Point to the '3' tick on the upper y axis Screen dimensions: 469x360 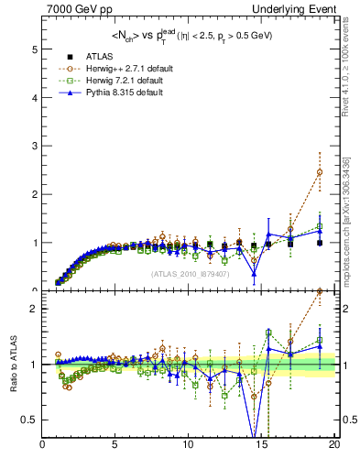pos(34,146)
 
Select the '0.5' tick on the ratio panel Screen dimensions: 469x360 pos(29,420)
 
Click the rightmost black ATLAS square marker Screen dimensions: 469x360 pos(320,243)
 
